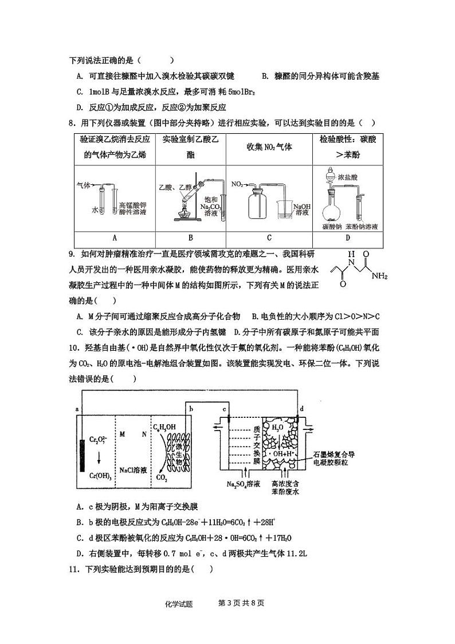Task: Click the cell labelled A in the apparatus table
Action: point(115,237)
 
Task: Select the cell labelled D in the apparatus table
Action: point(347,237)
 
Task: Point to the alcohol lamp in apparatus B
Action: point(182,214)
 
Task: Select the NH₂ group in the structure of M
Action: point(379,276)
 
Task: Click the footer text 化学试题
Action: point(178,604)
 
